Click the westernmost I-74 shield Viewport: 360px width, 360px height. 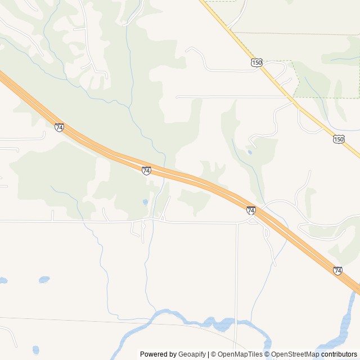click(x=59, y=127)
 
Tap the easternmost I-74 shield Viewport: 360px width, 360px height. click(x=337, y=271)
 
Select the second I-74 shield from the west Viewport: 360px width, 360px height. click(x=146, y=170)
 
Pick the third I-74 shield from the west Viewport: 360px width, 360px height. click(x=251, y=210)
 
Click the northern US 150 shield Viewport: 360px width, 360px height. click(x=256, y=63)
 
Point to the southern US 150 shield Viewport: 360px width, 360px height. click(x=338, y=139)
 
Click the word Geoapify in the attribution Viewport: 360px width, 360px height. click(x=192, y=354)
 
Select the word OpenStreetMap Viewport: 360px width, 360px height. click(x=295, y=354)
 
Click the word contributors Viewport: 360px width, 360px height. click(x=339, y=354)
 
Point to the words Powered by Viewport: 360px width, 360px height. click(x=158, y=354)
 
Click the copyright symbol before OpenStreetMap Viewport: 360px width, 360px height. click(x=267, y=354)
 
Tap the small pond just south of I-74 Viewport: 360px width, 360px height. click(x=145, y=201)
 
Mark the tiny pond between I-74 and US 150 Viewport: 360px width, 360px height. click(x=249, y=152)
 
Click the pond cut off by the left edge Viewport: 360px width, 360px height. click(x=3, y=280)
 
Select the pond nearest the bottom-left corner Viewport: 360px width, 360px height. click(x=36, y=350)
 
